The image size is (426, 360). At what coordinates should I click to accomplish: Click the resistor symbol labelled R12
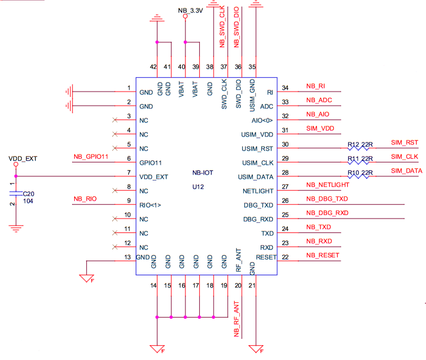point(358,148)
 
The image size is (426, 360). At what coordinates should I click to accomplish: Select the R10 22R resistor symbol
point(358,176)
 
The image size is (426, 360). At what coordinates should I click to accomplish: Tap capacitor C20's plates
point(16,193)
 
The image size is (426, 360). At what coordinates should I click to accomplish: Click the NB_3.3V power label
point(190,11)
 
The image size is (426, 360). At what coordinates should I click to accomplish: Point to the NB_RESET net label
point(323,255)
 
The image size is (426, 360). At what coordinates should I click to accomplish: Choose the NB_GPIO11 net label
point(91,157)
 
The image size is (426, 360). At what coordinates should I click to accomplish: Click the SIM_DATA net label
point(406,171)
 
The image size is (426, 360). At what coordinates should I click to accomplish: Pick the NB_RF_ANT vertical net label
point(236,319)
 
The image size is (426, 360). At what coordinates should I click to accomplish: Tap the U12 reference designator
point(198,187)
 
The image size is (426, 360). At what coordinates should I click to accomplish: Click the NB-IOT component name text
point(203,173)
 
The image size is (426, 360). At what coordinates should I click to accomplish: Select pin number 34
point(285,88)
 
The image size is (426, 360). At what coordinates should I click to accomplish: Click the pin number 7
point(129,173)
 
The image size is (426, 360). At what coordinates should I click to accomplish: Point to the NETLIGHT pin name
point(258,191)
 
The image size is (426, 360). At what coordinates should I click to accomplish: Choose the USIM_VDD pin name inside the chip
point(257,134)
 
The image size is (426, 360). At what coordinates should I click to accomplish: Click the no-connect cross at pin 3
point(115,120)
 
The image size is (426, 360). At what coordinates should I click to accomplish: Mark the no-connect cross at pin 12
point(115,247)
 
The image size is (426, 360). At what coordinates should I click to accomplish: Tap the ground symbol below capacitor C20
point(16,229)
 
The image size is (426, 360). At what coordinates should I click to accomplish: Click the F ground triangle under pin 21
point(256,349)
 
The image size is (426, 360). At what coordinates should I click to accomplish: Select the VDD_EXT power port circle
point(16,164)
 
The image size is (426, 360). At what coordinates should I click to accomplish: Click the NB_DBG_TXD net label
point(327,199)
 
